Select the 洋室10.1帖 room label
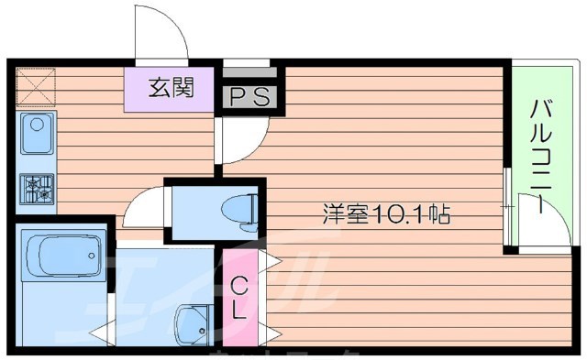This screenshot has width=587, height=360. pos(384,216)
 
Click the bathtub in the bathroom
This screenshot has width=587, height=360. pos(63,251)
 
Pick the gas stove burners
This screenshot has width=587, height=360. pos(37,187)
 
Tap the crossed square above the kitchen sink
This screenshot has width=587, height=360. pos(36,89)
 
